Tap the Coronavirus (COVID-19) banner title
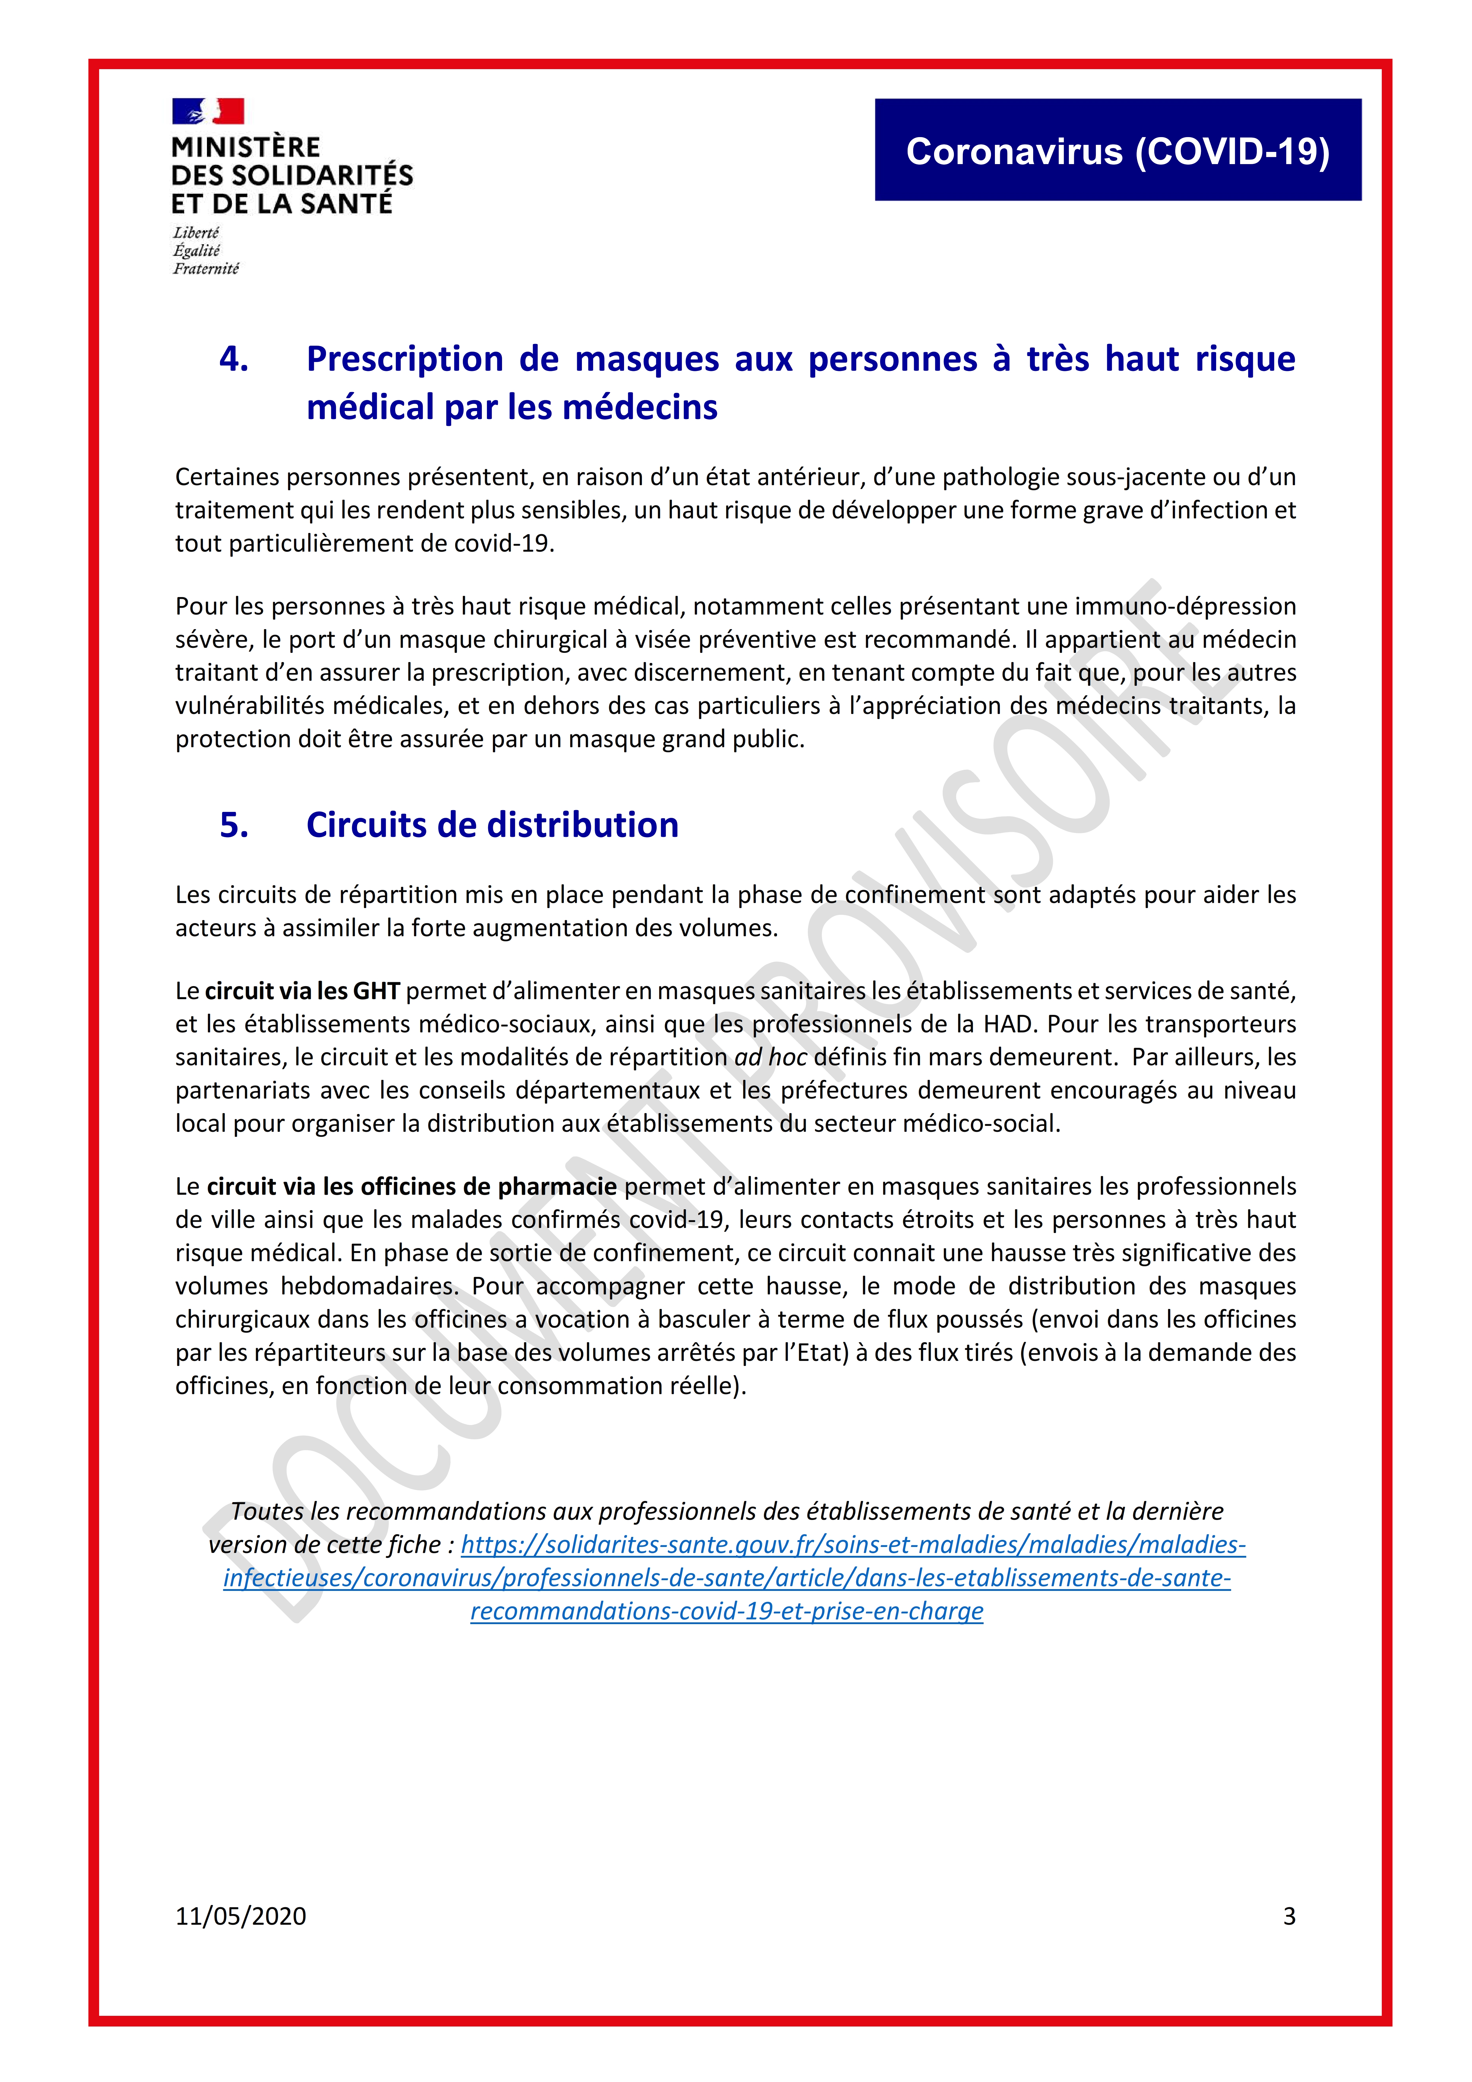tap(1118, 151)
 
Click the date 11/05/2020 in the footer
tap(240, 1916)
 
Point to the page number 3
tap(1289, 1916)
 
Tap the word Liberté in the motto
tap(196, 233)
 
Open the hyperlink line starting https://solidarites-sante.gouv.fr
tap(853, 1544)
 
